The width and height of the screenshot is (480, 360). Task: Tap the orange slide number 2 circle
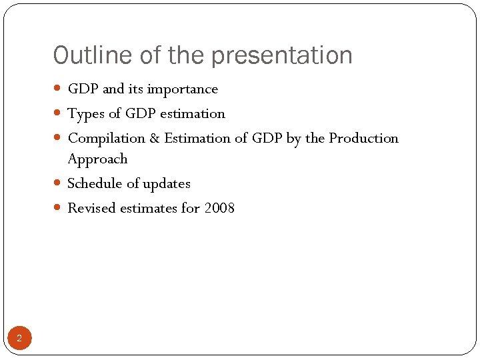[19, 339]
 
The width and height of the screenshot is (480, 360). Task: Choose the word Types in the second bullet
[85, 114]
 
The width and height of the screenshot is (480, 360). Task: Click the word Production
[363, 139]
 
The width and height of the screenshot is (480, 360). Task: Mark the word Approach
[97, 159]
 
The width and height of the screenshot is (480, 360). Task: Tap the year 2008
[219, 208]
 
